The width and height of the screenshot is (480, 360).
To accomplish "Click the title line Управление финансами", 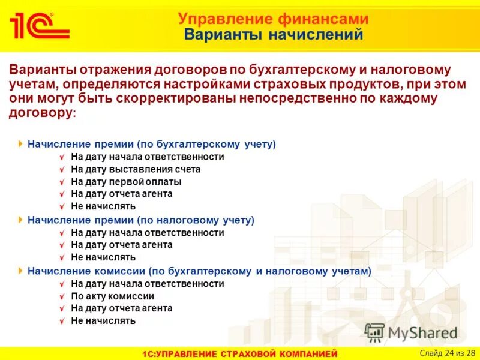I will coord(273,19).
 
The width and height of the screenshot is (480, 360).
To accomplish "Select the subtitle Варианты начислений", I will coord(273,35).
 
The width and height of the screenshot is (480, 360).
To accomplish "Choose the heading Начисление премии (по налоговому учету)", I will coord(141,220).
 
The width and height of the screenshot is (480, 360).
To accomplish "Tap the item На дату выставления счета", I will coord(136,169).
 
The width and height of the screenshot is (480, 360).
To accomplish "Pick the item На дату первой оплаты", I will coord(126,182).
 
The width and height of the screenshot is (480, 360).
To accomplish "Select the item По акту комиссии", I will coord(112,296).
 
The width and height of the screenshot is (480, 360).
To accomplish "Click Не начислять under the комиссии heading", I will coord(103,321).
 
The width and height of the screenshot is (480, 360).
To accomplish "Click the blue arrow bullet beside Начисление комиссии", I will coord(21,271).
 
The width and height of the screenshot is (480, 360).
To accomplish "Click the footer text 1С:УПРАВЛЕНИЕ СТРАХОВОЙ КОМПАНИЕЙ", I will coord(240,353).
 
